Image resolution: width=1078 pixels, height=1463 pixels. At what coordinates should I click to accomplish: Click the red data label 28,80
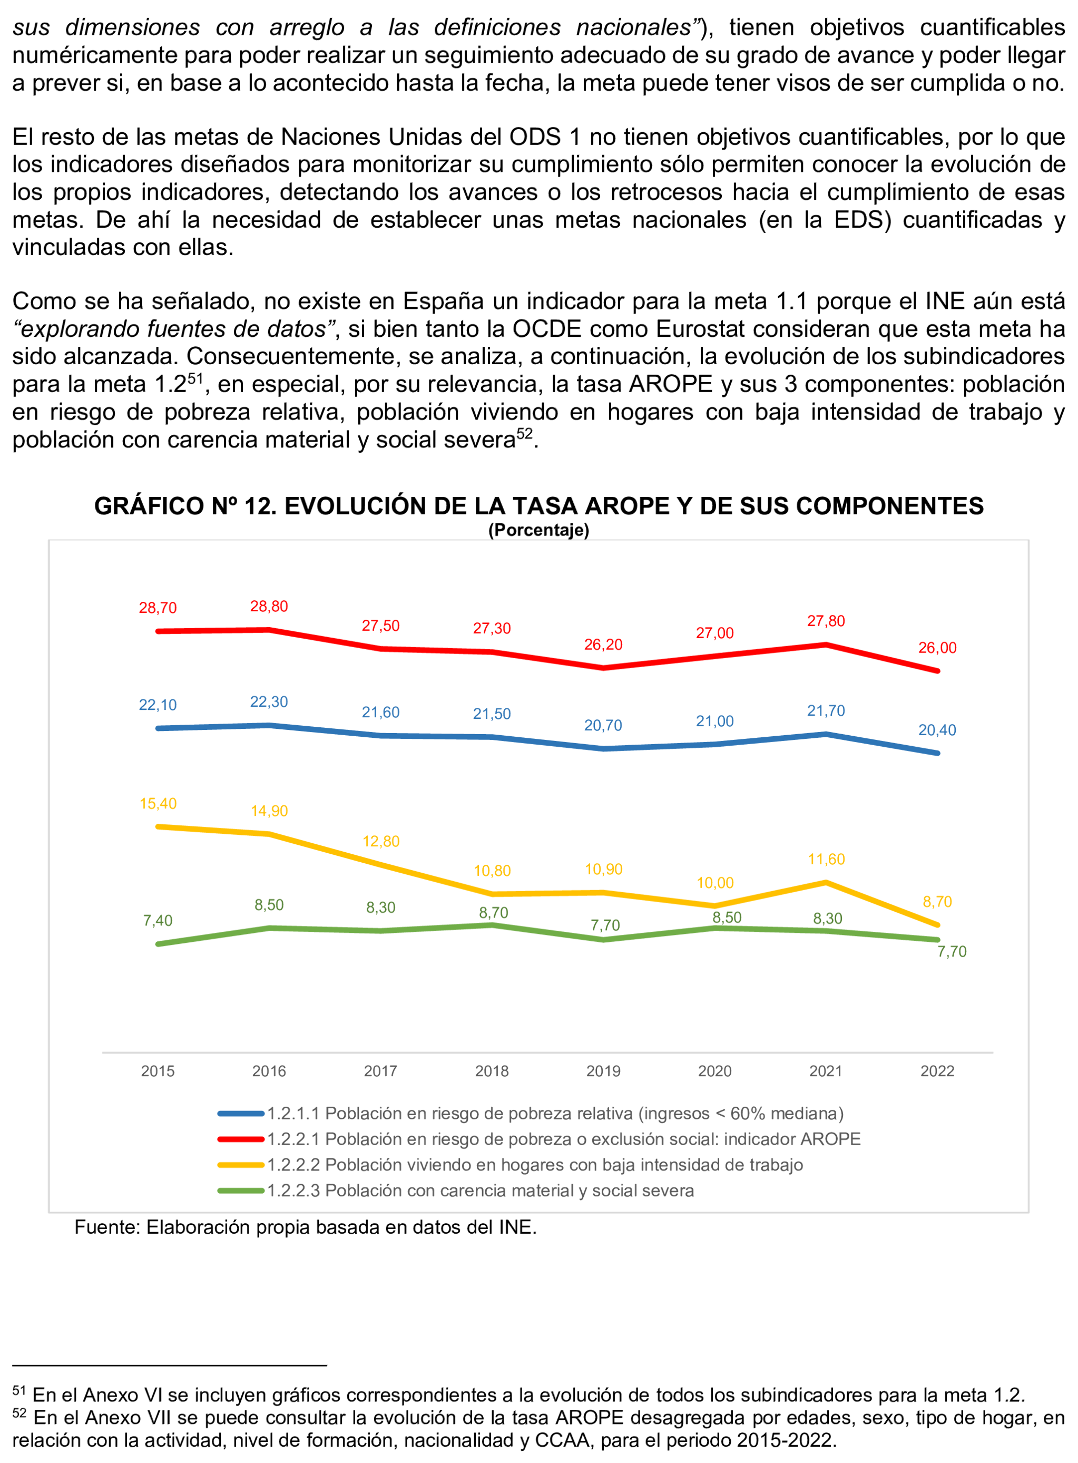pyautogui.click(x=269, y=606)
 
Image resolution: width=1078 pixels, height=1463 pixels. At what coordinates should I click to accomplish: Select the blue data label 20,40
pyautogui.click(x=937, y=730)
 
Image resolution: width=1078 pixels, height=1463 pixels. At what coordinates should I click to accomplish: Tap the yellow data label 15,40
pyautogui.click(x=158, y=803)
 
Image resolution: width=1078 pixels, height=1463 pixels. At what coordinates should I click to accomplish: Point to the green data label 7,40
pyautogui.click(x=158, y=920)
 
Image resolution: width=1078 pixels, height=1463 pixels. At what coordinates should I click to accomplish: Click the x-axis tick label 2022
pyautogui.click(x=937, y=1071)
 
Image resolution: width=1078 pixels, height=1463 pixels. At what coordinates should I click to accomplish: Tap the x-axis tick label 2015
pyautogui.click(x=158, y=1071)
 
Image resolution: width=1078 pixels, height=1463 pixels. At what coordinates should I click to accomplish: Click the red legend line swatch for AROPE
pyautogui.click(x=241, y=1139)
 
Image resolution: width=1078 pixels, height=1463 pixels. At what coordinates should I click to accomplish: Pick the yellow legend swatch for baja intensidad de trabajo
pyautogui.click(x=241, y=1165)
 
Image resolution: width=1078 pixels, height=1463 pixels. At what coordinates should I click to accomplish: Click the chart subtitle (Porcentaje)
pyautogui.click(x=538, y=530)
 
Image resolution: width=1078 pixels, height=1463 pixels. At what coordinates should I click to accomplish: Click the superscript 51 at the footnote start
pyautogui.click(x=19, y=1391)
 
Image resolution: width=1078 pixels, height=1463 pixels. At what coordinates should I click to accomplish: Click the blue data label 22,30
pyautogui.click(x=269, y=701)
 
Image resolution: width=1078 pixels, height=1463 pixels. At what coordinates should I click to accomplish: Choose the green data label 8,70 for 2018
pyautogui.click(x=493, y=912)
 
